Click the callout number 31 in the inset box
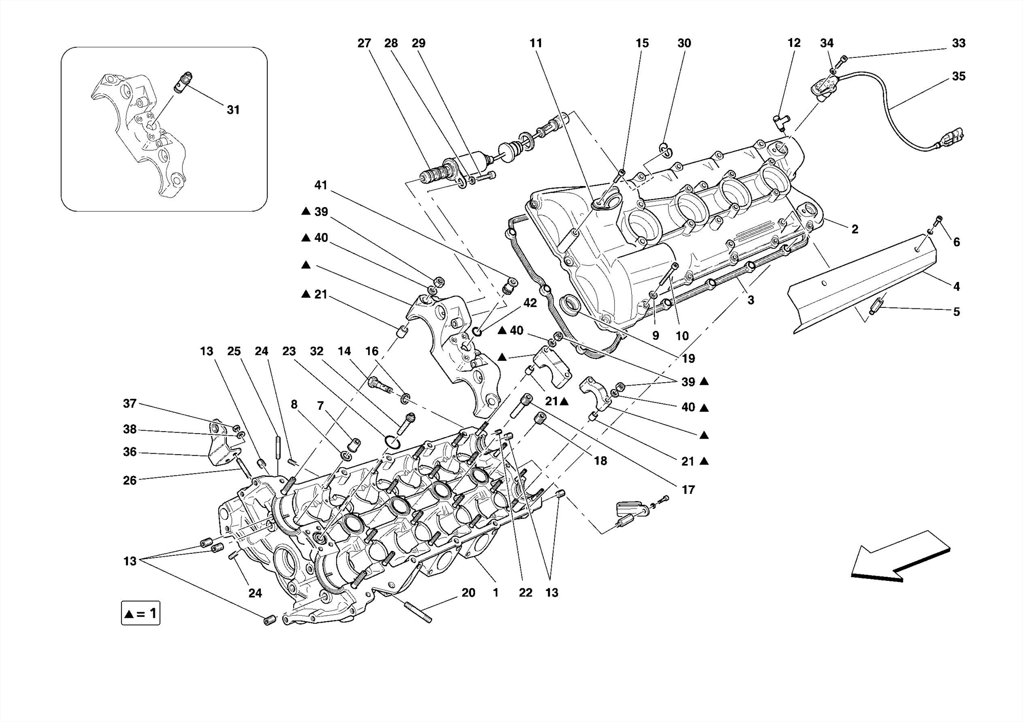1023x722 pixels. coord(233,110)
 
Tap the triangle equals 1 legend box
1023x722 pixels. coord(140,613)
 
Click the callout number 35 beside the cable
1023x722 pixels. coord(958,76)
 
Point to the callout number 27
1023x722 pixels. coord(364,43)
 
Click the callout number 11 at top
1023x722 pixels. coord(535,43)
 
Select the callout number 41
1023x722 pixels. coord(321,186)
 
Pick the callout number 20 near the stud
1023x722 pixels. coord(468,593)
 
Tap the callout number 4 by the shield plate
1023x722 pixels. coord(956,287)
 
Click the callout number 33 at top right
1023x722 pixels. coord(958,43)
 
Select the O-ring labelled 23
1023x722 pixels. coord(392,443)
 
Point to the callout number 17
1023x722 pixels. coord(688,490)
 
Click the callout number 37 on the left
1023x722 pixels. coord(130,404)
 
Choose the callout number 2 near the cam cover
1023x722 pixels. coord(855,230)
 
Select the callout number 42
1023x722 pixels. coord(529,303)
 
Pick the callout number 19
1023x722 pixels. coord(688,358)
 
